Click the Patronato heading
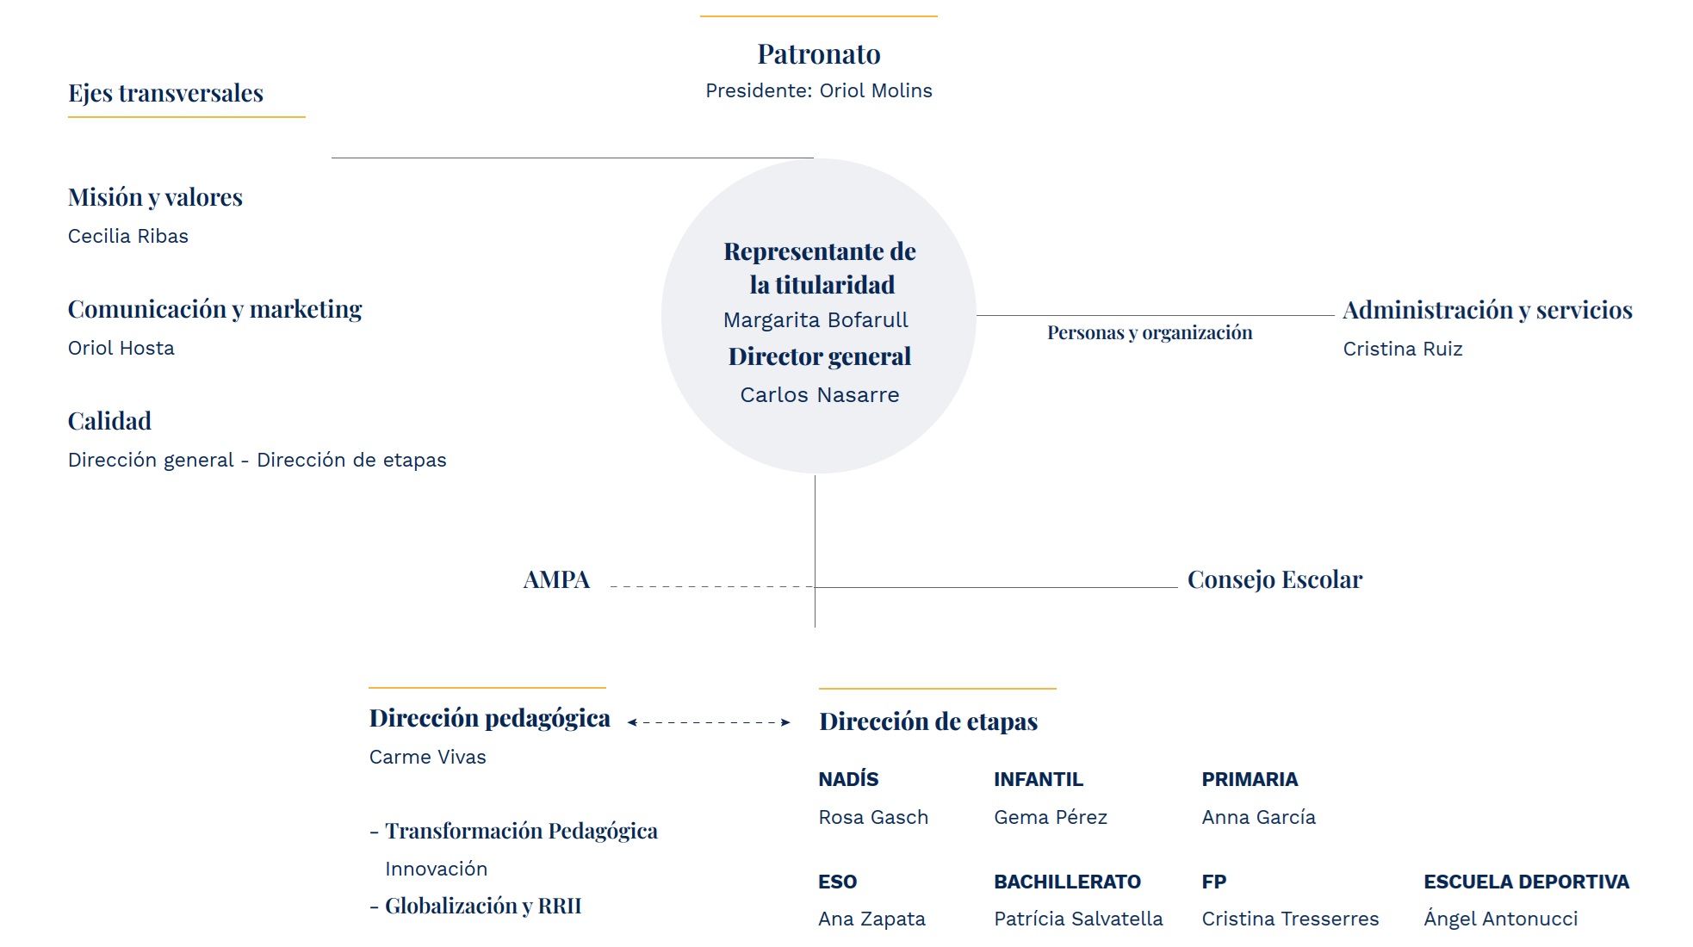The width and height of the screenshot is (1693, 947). pyautogui.click(x=819, y=54)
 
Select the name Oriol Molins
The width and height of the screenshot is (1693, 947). pyautogui.click(x=876, y=90)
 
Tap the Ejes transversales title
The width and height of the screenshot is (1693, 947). pyautogui.click(x=166, y=93)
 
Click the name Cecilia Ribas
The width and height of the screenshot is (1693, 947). pyautogui.click(x=128, y=236)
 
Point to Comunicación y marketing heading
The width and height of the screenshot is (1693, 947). pyautogui.click(x=215, y=309)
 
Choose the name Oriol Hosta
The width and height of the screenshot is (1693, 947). pyautogui.click(x=121, y=348)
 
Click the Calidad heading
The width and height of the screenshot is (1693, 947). pyautogui.click(x=110, y=421)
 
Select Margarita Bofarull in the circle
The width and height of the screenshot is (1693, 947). pyautogui.click(x=815, y=320)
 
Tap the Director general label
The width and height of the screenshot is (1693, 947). pyautogui.click(x=820, y=356)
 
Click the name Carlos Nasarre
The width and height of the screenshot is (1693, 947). pyautogui.click(x=820, y=395)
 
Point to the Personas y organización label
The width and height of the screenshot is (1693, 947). pyautogui.click(x=1150, y=333)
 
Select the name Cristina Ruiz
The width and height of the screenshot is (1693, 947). pyautogui.click(x=1403, y=349)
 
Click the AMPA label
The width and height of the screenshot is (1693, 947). pyautogui.click(x=557, y=579)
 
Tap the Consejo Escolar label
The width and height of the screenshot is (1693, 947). pyautogui.click(x=1275, y=579)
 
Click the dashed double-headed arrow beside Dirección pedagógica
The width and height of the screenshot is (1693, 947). pyautogui.click(x=709, y=722)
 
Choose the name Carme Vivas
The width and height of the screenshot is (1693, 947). pyautogui.click(x=428, y=757)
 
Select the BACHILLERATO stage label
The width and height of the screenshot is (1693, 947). pyautogui.click(x=1067, y=882)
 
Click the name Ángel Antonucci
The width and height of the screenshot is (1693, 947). pyautogui.click(x=1501, y=919)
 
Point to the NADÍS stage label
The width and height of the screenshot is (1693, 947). pyautogui.click(x=848, y=779)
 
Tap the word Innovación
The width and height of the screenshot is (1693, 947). pyautogui.click(x=437, y=869)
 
